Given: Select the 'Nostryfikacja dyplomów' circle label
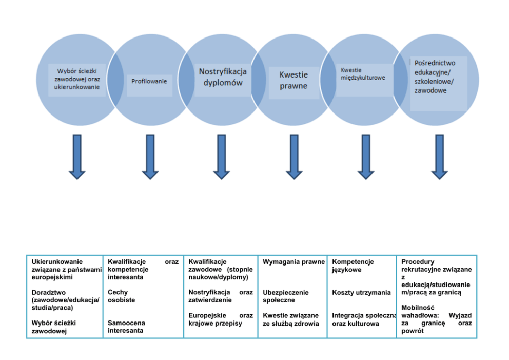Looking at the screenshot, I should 223,77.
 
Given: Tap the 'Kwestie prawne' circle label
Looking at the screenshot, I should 293,80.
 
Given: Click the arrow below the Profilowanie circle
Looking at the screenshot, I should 150,157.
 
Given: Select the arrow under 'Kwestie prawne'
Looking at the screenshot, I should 294,157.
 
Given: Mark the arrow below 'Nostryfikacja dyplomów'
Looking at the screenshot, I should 222,157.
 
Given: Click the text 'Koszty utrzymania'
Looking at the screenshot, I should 361,293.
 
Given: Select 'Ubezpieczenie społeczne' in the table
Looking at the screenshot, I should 286,296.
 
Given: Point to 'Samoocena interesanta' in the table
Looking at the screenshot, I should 126,327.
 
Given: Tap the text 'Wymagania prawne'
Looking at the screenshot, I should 293,262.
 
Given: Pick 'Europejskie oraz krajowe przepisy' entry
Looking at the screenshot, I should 221,319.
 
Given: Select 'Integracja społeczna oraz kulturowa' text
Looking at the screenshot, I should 364,319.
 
